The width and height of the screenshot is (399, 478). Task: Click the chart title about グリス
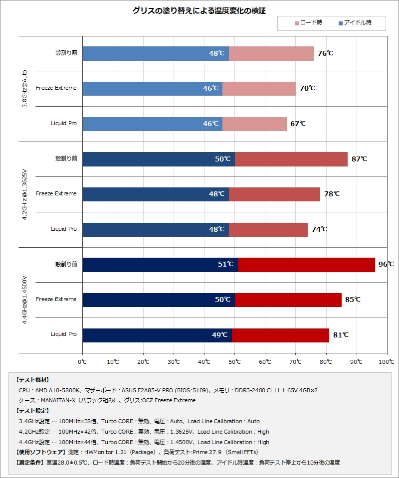(199, 10)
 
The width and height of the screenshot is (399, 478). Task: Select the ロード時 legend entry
(309, 23)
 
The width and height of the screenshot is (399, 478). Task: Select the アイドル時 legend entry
(355, 23)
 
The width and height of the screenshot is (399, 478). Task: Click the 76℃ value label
(325, 53)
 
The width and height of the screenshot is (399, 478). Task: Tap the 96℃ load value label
(386, 265)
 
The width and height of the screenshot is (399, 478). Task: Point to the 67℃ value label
(298, 124)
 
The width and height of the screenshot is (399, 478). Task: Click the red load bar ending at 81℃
(280, 335)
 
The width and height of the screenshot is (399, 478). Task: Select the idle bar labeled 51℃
(160, 265)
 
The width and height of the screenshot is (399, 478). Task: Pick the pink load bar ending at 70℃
(259, 89)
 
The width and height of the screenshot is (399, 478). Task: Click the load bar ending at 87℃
(291, 159)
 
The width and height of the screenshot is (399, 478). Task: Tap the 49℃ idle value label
(219, 335)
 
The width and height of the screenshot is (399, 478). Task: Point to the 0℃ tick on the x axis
(82, 361)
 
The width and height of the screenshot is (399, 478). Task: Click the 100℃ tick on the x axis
(387, 361)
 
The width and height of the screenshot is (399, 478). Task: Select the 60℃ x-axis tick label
(265, 361)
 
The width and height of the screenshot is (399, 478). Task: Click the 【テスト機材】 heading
(33, 380)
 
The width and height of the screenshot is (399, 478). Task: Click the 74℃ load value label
(319, 229)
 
